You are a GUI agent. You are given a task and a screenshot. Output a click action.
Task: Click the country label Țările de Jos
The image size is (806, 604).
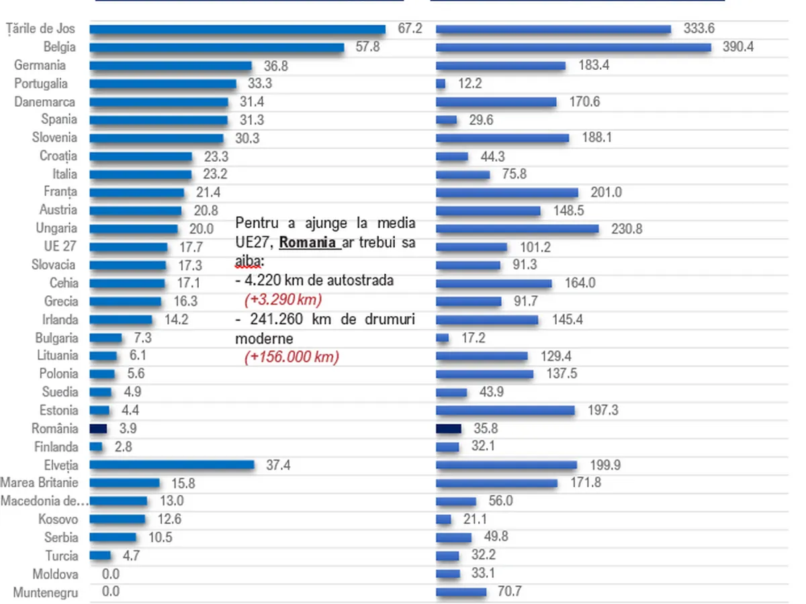pos(40,29)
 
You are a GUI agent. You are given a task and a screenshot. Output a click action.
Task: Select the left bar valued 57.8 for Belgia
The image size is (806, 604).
pos(216,48)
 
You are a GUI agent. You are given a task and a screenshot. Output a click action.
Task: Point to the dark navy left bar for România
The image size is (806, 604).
pos(98,428)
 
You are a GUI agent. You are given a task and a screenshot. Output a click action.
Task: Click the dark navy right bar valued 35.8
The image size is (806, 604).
pos(449,428)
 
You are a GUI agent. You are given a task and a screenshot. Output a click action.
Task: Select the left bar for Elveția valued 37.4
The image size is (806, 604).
pos(172,464)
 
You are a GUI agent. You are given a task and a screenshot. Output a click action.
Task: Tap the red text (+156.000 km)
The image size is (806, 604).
pos(291,356)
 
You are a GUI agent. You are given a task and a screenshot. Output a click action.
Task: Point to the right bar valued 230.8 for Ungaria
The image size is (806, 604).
pos(517,229)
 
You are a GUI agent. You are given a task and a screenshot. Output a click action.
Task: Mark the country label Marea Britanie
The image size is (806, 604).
pos(39,483)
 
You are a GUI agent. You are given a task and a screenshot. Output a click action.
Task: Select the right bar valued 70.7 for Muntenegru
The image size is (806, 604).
pos(461,592)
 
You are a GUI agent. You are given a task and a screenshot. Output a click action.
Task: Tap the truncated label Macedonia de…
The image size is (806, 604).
pos(44,501)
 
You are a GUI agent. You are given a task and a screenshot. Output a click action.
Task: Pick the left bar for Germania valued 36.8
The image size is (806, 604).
pos(171,66)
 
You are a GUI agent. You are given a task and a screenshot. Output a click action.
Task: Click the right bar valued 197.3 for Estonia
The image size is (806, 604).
pos(505,410)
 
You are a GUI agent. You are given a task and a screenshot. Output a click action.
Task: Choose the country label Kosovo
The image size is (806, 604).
pos(58,519)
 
